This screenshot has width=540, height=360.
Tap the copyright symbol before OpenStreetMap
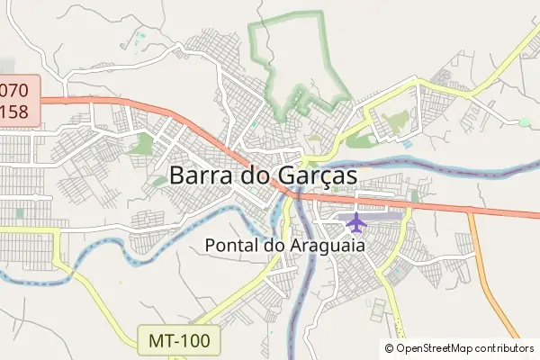tap(389, 347)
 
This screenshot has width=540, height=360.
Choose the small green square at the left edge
tap(19, 213)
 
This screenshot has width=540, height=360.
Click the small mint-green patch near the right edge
tap(524, 121)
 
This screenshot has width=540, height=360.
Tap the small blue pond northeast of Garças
tap(407, 144)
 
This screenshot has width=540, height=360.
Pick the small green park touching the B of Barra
tap(159, 181)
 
